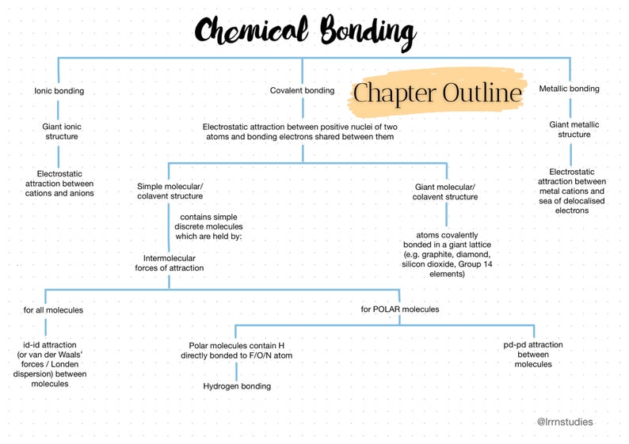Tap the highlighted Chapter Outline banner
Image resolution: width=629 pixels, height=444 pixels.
tap(437, 93)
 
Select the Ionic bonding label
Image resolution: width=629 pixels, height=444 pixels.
tap(59, 91)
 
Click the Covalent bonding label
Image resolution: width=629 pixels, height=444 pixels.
tap(302, 91)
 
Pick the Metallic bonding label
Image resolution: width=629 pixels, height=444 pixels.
tap(569, 89)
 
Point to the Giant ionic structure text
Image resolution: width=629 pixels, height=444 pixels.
tap(61, 131)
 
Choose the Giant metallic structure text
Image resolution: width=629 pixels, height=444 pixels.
tap(574, 129)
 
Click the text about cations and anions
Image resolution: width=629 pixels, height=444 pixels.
tap(65, 183)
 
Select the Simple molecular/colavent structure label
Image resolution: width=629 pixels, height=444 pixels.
tap(170, 192)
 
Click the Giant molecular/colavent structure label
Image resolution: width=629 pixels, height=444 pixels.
tap(445, 192)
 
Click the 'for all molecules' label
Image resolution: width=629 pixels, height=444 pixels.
tap(53, 310)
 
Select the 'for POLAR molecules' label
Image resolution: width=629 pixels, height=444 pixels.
tap(399, 309)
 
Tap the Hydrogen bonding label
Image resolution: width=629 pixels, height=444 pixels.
tap(237, 386)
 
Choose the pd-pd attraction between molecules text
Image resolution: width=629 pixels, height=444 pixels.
tap(532, 355)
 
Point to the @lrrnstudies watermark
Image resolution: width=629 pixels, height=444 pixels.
tap(564, 422)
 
